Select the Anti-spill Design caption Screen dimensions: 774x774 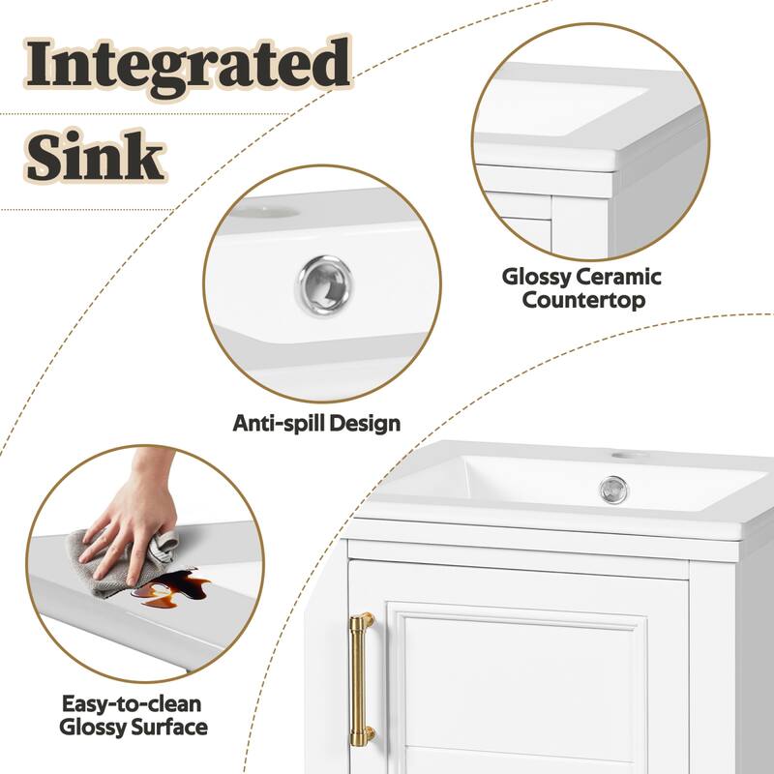pyautogui.click(x=316, y=423)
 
